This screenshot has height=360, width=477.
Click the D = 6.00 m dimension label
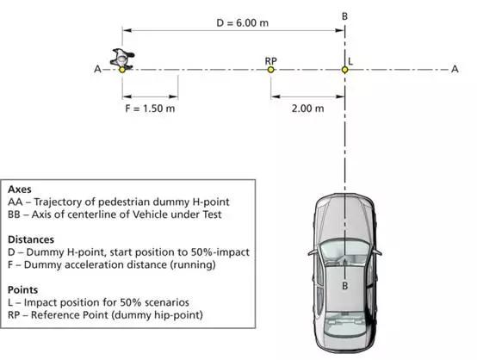click(243, 23)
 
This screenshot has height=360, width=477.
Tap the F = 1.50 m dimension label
click(150, 109)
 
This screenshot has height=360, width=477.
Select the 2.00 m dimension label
click(308, 109)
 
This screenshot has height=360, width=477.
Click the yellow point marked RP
click(270, 70)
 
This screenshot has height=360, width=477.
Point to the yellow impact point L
click(344, 70)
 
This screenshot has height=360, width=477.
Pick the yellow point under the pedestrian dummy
click(122, 70)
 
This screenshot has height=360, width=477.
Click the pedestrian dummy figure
click(122, 59)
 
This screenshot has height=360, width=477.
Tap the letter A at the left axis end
click(97, 70)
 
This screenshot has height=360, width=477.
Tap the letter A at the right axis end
click(455, 70)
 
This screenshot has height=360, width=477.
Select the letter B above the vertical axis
click(344, 16)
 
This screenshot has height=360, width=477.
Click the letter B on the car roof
click(344, 286)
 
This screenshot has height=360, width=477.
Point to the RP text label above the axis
click(270, 61)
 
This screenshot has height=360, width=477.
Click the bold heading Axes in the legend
click(20, 189)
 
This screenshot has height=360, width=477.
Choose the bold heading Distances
click(31, 239)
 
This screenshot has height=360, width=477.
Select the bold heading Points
click(22, 289)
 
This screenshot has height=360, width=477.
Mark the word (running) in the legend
click(193, 264)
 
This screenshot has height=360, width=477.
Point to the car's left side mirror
click(313, 252)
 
